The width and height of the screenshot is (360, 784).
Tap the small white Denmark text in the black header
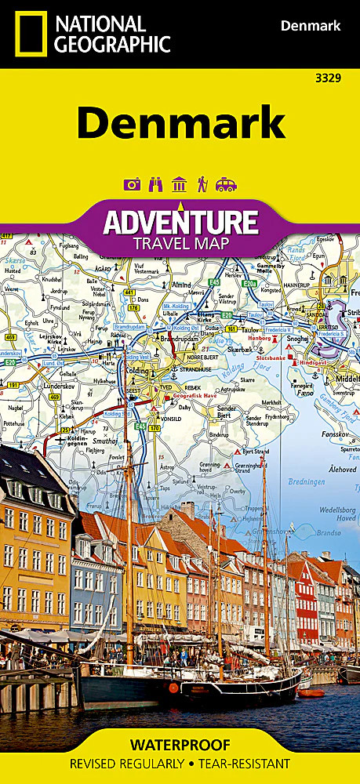[x=311, y=27]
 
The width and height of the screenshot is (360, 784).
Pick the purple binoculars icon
[x=155, y=184]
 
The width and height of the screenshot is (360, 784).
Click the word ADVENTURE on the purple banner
[x=180, y=222]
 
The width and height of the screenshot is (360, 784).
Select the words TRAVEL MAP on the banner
[x=180, y=243]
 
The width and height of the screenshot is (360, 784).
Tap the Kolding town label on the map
[x=142, y=368]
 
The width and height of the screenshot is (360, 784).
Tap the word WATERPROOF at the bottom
[x=180, y=744]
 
